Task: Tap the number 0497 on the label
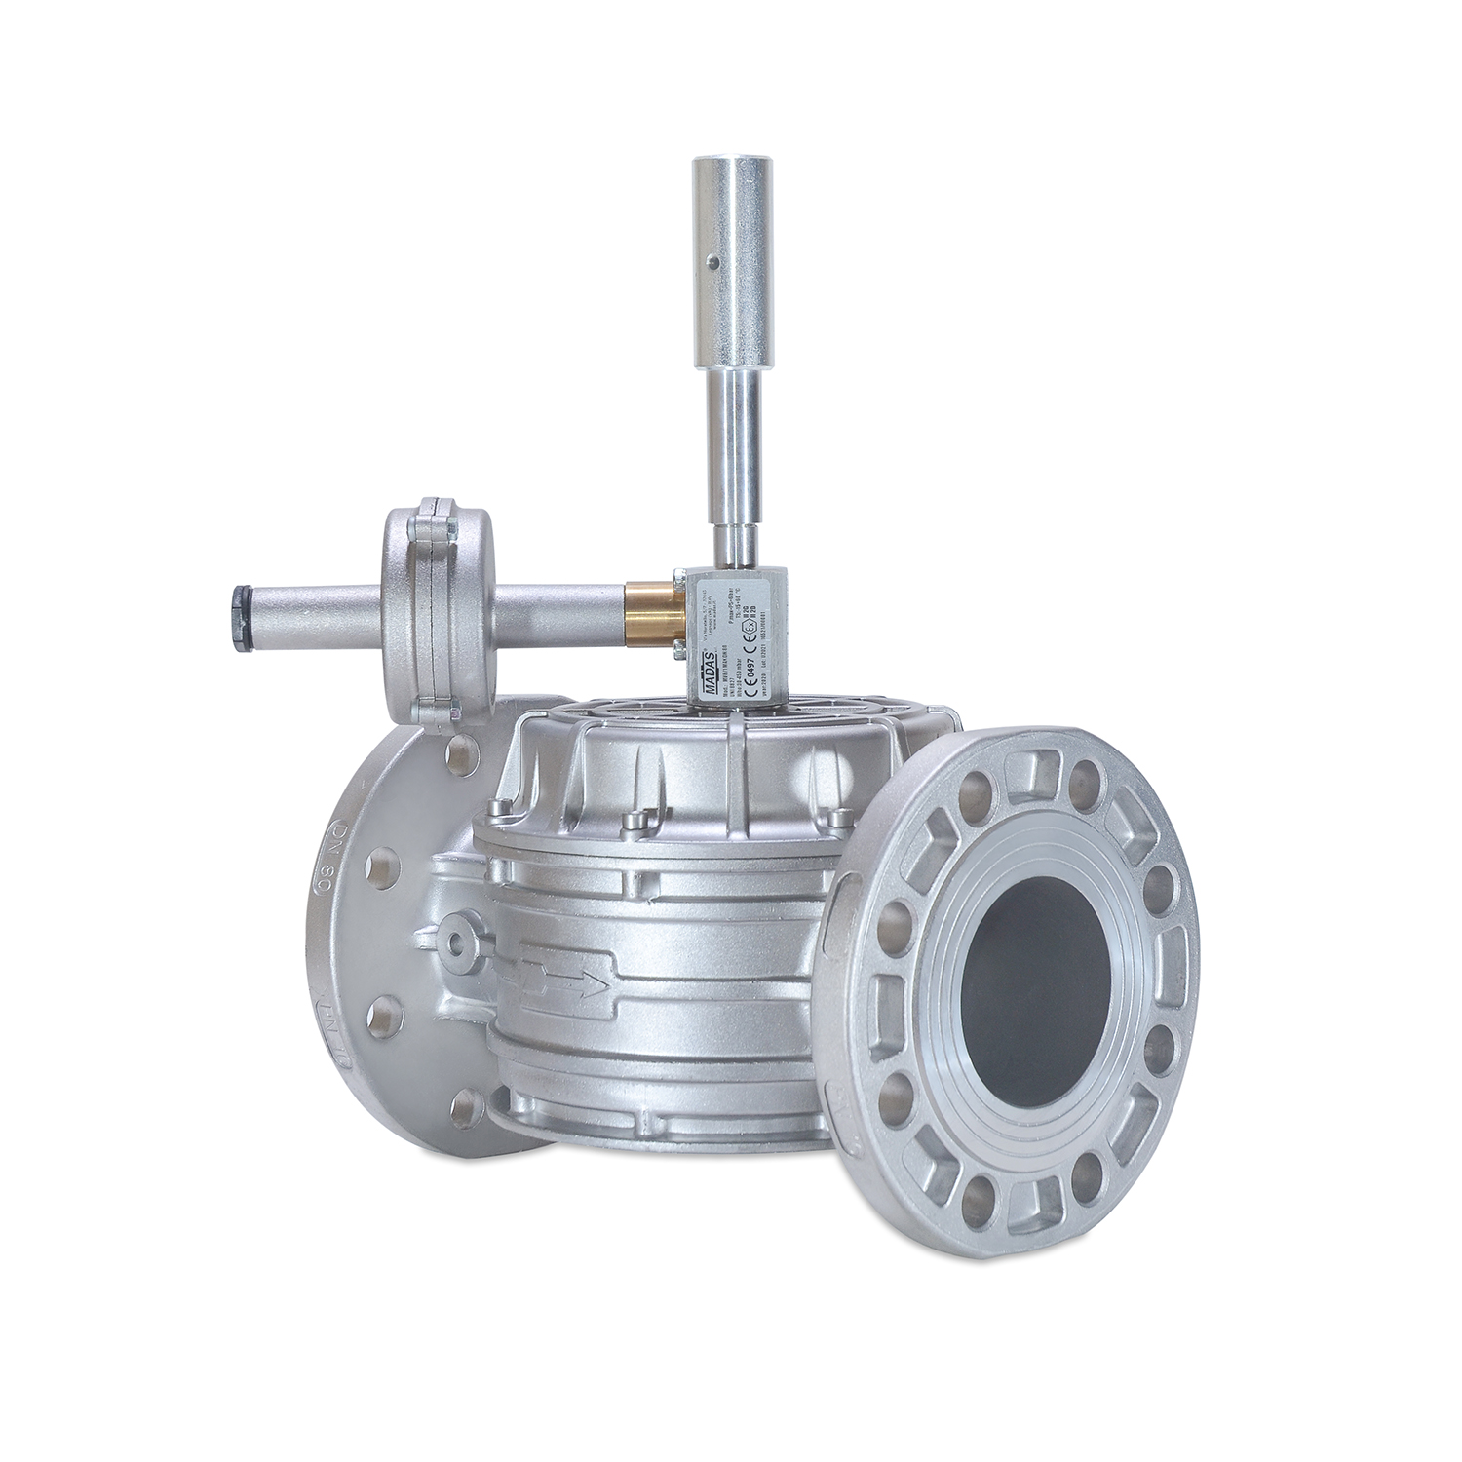click(739, 650)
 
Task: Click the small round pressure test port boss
click(453, 938)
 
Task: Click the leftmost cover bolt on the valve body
click(504, 807)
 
